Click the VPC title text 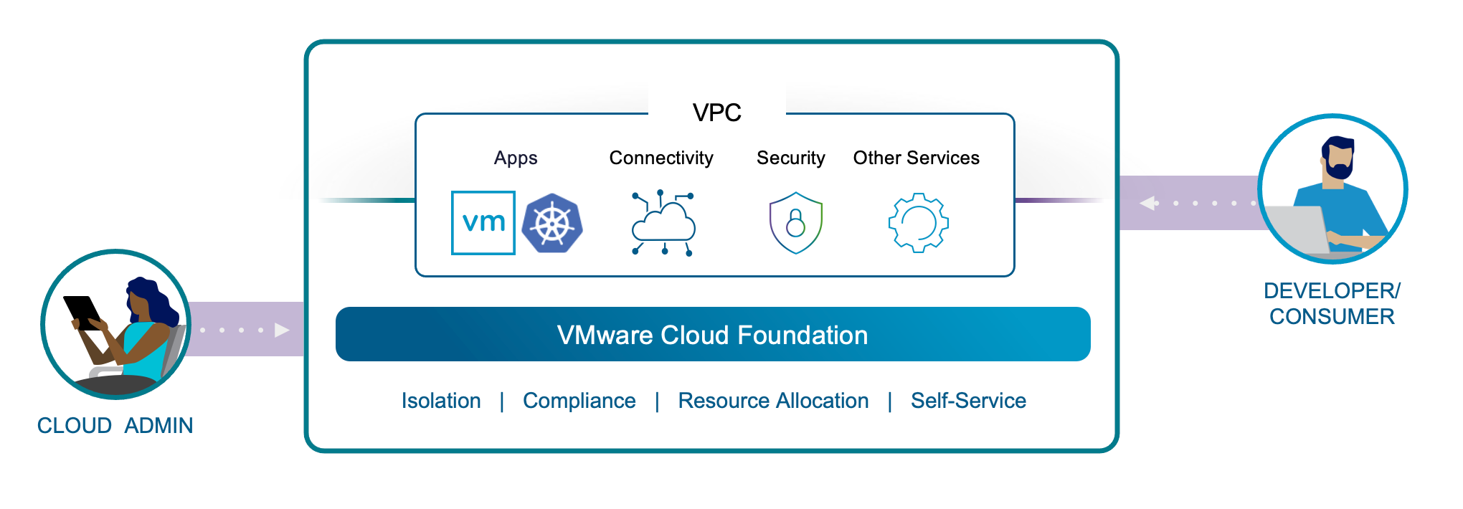pos(716,113)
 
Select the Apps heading pos(515,158)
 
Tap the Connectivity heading pos(661,158)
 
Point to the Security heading pos(790,158)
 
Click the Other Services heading pos(916,158)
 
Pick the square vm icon pos(483,222)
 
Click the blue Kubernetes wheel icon pos(552,223)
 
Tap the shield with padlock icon pos(795,223)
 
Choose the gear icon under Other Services pos(918,223)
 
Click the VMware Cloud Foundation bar pos(712,335)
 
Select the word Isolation pos(441,401)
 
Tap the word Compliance pos(579,401)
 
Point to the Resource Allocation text pos(773,401)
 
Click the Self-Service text pos(968,401)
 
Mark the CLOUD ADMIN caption pos(115,426)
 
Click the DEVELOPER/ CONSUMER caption pos(1332,303)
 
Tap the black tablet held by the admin pos(82,312)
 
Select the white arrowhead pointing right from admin pos(282,330)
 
